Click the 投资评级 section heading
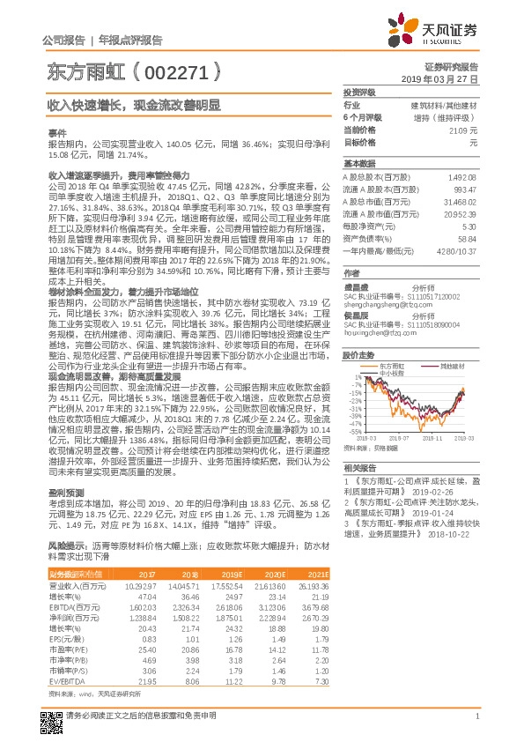[360, 93]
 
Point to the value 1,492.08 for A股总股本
[462, 177]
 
